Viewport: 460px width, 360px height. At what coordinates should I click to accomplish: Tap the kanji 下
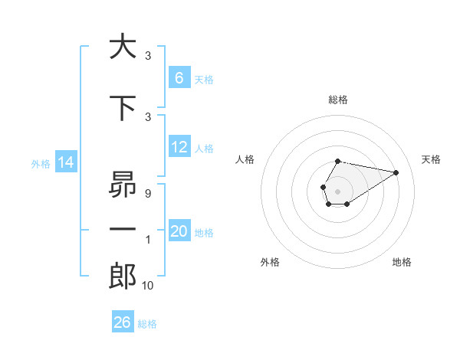pyautogui.click(x=122, y=109)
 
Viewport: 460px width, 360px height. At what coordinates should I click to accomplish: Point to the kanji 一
pyautogui.click(x=122, y=229)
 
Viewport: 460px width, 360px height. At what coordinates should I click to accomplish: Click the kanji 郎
pyautogui.click(x=122, y=276)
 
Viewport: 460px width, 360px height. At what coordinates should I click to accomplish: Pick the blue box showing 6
pyautogui.click(x=179, y=78)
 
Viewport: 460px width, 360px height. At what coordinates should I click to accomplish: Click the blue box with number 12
pyautogui.click(x=179, y=147)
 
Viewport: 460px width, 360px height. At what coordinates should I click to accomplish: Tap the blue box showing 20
pyautogui.click(x=179, y=231)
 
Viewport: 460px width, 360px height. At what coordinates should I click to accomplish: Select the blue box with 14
pyautogui.click(x=65, y=162)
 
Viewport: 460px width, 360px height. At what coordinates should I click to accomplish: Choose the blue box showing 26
pyautogui.click(x=123, y=322)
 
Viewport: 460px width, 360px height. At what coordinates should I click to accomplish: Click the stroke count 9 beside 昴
pyautogui.click(x=147, y=194)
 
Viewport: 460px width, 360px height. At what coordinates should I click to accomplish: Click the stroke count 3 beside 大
pyautogui.click(x=148, y=56)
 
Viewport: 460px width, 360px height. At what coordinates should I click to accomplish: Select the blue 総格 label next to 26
pyautogui.click(x=147, y=324)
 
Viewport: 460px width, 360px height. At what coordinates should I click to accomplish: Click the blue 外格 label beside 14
pyautogui.click(x=41, y=163)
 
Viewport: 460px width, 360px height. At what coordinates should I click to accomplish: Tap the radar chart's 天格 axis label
pyautogui.click(x=431, y=159)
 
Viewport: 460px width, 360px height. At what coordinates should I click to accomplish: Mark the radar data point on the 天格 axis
pyautogui.click(x=396, y=172)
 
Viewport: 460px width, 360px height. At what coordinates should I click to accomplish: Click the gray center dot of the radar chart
pyautogui.click(x=337, y=190)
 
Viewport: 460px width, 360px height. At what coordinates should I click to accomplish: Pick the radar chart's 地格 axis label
pyautogui.click(x=402, y=262)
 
